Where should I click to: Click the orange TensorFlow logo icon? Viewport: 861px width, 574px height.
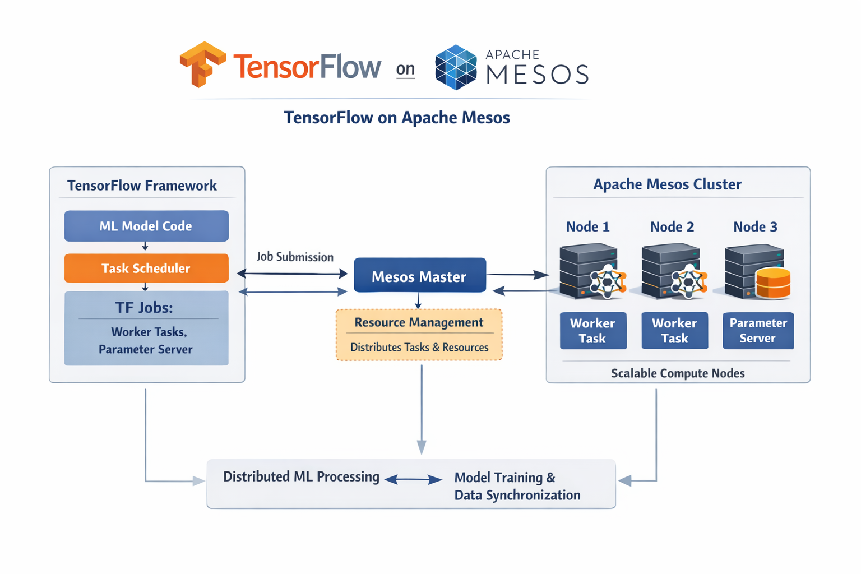[202, 64]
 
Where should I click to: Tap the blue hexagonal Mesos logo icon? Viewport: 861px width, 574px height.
[456, 67]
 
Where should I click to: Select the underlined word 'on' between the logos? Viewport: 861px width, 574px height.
[405, 69]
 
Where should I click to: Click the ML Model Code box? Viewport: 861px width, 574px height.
[146, 226]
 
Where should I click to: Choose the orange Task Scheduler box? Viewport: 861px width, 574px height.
[146, 268]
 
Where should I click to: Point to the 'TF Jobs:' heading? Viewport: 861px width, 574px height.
[144, 307]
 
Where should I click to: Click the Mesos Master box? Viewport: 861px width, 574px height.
[419, 276]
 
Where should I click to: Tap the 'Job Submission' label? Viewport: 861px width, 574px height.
[295, 257]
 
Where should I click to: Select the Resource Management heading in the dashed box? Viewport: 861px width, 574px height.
[419, 322]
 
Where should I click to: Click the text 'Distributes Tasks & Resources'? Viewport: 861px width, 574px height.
[419, 347]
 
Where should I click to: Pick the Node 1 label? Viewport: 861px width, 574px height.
[587, 226]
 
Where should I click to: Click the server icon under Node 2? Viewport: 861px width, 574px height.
[671, 271]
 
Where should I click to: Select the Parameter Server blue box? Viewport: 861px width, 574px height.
[758, 330]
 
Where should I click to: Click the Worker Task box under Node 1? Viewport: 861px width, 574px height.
[592, 330]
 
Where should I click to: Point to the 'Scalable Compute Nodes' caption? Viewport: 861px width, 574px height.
[678, 373]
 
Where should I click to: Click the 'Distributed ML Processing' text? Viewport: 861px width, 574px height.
[301, 476]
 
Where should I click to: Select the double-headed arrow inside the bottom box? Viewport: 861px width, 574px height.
[414, 479]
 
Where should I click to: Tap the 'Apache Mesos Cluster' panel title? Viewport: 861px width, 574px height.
[667, 184]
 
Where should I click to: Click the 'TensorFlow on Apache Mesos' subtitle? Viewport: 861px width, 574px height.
[396, 117]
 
